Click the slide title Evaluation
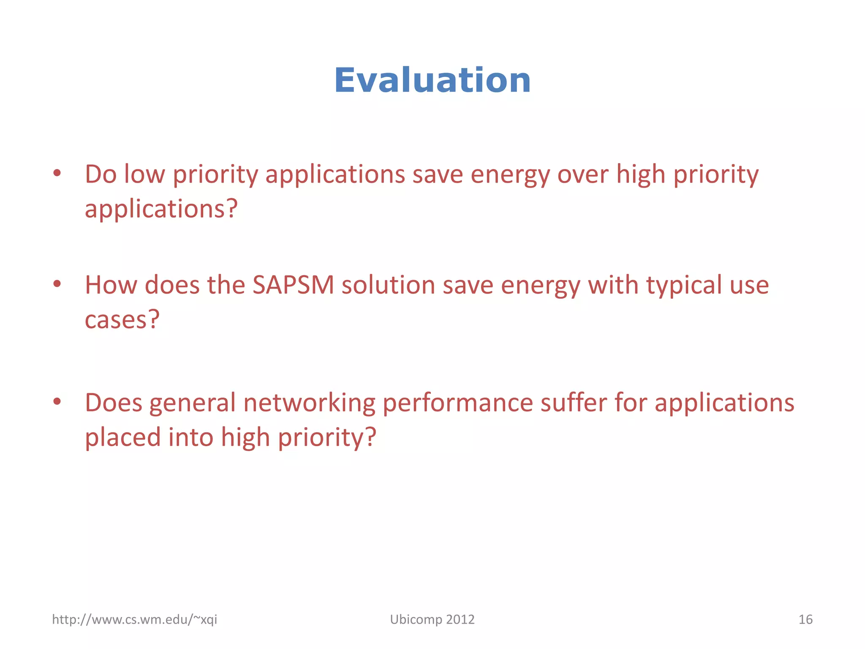click(432, 80)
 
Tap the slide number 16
click(805, 619)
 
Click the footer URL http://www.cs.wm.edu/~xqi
click(134, 619)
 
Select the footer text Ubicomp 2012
click(432, 619)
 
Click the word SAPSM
click(293, 285)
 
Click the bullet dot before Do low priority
click(57, 173)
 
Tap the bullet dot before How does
click(57, 284)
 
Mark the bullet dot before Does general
click(57, 401)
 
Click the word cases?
click(122, 319)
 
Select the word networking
click(309, 402)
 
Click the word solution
click(388, 285)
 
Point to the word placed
click(122, 437)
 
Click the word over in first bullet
click(583, 174)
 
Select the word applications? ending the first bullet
click(161, 210)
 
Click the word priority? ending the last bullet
click(326, 438)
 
